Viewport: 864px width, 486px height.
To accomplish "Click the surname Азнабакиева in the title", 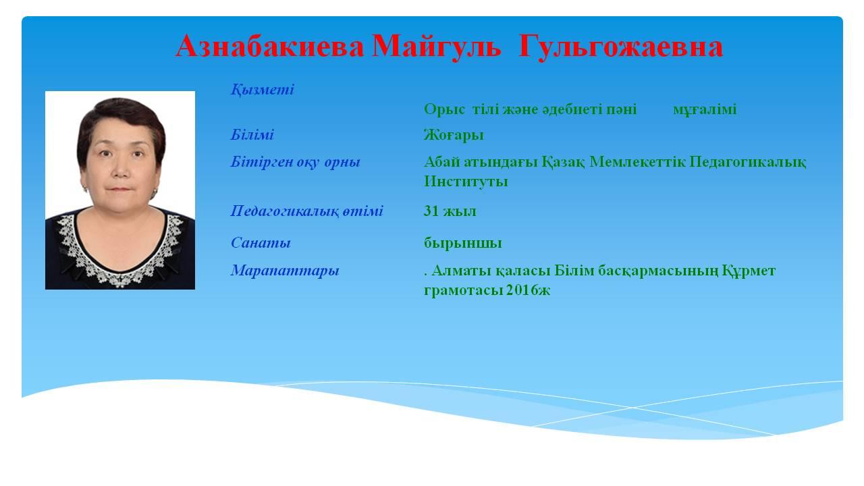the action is pos(269,47).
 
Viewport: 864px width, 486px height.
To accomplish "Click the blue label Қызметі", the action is pos(263,90).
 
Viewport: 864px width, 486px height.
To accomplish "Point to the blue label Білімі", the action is pos(252,134).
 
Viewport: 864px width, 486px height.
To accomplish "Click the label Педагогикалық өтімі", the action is pos(306,211).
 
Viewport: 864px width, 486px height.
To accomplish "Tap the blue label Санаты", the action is pos(261,243).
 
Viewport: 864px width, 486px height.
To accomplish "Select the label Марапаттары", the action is pos(285,271).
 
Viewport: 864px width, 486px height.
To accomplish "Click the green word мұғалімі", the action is pos(705,110).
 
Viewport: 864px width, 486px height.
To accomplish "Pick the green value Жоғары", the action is pos(454,136).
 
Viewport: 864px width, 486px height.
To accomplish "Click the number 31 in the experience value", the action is pos(431,211).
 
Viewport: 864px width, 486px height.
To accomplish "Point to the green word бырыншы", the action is pos(463,244).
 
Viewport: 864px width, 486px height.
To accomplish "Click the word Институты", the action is pos(466,182).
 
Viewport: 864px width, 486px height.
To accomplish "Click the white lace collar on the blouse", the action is pos(119,254).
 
